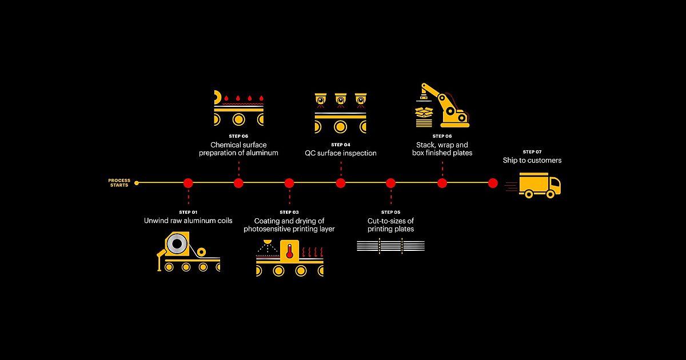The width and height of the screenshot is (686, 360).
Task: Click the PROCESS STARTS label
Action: click(119, 183)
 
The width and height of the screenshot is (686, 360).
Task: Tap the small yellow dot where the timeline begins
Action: click(137, 183)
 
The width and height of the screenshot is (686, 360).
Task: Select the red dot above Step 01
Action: click(188, 183)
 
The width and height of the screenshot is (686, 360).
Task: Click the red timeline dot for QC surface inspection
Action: click(341, 183)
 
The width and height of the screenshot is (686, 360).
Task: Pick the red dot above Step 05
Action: click(390, 183)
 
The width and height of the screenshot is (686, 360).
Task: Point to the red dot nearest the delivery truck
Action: click(493, 183)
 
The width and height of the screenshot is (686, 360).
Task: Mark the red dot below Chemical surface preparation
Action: click(238, 183)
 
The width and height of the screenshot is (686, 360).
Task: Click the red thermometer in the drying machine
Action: click(289, 251)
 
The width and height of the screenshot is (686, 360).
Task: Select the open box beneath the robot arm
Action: click(424, 112)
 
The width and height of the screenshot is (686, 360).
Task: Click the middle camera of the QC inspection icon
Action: click(341, 100)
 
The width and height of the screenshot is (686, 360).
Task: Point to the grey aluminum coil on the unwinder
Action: click(177, 243)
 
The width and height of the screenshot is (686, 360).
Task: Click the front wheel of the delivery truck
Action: click(551, 194)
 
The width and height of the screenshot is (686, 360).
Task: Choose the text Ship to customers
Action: click(532, 160)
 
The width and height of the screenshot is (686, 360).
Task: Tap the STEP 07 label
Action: click(532, 152)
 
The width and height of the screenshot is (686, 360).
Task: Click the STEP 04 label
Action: click(341, 145)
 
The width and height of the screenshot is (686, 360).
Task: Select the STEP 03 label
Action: click(289, 212)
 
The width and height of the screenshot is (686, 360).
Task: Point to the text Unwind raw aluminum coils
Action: click(188, 221)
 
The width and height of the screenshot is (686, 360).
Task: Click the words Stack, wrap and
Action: click(442, 145)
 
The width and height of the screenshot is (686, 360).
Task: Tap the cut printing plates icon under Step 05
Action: click(391, 246)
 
